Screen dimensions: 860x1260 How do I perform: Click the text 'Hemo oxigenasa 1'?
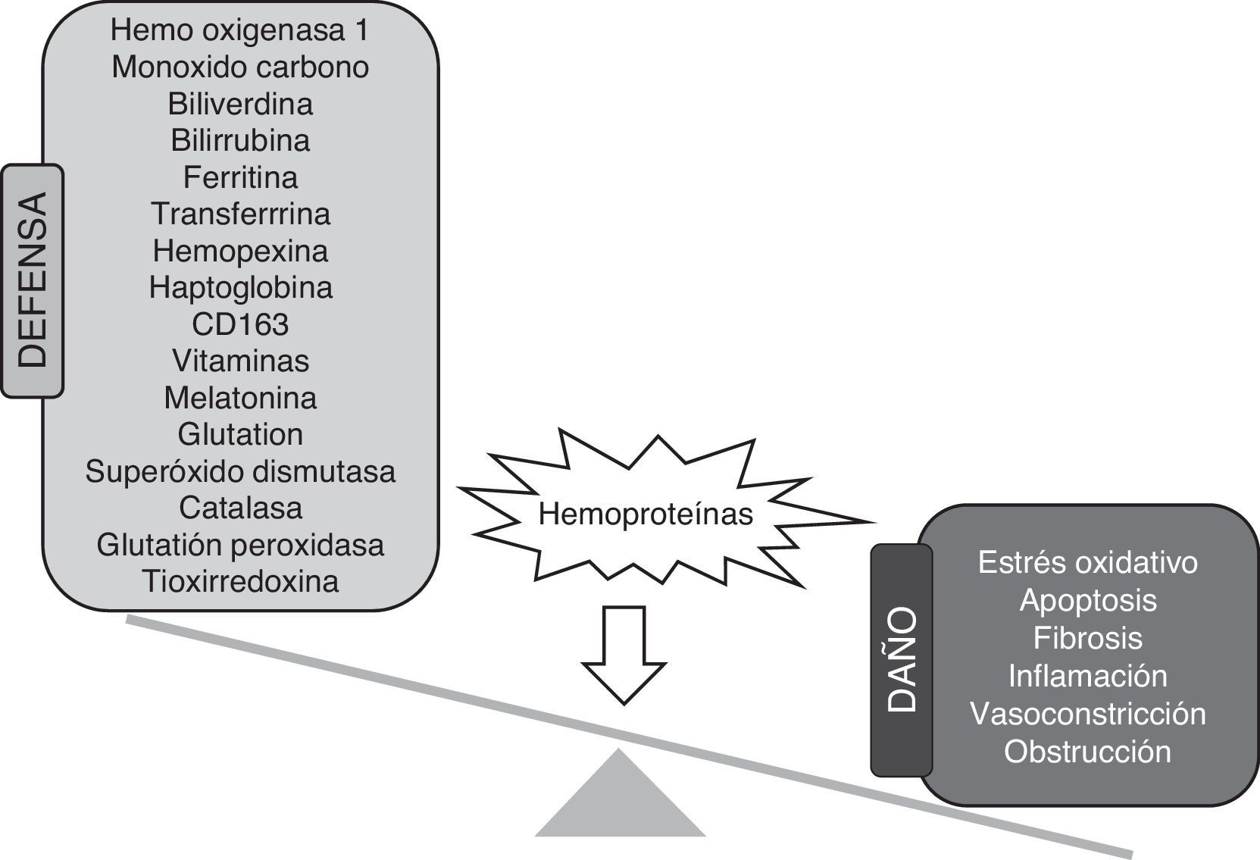pos(240,30)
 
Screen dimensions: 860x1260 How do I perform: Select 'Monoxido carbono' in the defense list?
pos(240,67)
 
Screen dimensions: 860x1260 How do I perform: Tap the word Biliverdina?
pos(240,104)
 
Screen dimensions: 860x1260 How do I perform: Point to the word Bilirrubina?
pos(240,141)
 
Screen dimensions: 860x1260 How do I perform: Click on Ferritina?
pos(240,178)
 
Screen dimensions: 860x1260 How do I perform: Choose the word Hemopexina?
pos(240,251)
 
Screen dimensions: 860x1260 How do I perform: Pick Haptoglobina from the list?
pos(240,288)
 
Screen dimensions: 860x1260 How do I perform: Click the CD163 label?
pos(240,324)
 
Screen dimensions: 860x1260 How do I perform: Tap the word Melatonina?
pos(240,398)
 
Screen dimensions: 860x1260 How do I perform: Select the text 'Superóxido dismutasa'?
pos(240,471)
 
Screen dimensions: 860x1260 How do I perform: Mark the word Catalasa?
pos(240,508)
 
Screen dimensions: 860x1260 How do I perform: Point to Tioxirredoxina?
pos(240,582)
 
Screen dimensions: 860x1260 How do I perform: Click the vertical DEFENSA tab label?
pos(33,280)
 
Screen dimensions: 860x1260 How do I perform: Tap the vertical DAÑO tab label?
pos(902,659)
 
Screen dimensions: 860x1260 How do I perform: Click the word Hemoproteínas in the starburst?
pos(646,514)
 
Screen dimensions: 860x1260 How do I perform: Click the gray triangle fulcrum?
pos(620,803)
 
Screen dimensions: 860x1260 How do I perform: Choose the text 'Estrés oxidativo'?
pos(1087,563)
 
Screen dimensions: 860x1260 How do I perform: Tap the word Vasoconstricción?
pos(1087,714)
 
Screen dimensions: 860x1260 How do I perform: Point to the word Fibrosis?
pos(1087,638)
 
